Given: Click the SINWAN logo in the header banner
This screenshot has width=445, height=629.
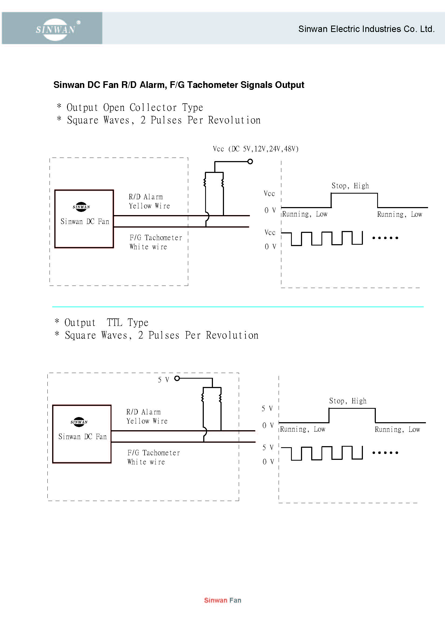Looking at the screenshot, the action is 55,29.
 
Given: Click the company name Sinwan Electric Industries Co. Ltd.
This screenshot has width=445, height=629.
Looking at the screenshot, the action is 366,29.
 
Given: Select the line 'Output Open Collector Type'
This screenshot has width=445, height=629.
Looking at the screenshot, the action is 130,107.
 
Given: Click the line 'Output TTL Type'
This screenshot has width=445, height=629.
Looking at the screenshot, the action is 101,322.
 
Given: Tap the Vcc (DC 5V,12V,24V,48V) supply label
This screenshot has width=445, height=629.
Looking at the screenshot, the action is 255,149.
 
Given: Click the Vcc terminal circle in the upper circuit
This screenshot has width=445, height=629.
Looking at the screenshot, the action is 250,162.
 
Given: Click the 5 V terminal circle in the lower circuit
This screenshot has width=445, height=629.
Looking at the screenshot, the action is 177,378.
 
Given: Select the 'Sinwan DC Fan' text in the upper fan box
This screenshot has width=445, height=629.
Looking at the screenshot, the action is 85,221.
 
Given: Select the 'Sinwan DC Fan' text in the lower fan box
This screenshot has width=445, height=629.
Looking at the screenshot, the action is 83,436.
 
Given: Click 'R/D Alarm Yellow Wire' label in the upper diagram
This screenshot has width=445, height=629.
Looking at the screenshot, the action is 149,201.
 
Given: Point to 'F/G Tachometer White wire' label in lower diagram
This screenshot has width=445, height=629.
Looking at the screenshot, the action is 153,457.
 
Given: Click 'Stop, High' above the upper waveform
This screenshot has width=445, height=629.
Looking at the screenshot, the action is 350,186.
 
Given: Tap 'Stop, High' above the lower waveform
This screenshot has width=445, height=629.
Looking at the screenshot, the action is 348,401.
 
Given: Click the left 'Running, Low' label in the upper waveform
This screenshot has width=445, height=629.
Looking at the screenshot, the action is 305,214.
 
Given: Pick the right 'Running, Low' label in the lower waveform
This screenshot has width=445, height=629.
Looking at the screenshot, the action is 397,429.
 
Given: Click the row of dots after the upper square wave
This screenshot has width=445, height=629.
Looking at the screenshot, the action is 385,238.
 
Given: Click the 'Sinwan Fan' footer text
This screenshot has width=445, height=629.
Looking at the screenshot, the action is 223,600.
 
